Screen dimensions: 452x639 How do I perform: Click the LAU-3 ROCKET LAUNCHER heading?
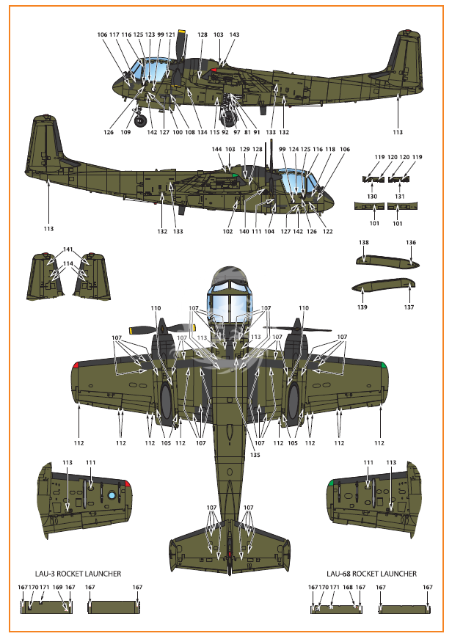(x=78, y=574)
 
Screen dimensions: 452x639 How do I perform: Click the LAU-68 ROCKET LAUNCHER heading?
(x=371, y=574)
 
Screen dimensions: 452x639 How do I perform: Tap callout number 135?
(x=255, y=454)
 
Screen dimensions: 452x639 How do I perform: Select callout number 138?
(x=363, y=242)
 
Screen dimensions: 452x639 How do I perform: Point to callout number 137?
(x=409, y=307)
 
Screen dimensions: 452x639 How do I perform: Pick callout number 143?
(x=234, y=34)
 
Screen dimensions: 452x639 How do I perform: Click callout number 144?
(x=217, y=149)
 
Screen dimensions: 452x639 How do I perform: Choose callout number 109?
(x=125, y=132)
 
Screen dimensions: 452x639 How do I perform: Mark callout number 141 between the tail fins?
(x=68, y=249)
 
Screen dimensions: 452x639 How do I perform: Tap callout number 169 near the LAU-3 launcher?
(x=57, y=587)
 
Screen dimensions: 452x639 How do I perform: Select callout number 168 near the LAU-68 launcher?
(x=348, y=587)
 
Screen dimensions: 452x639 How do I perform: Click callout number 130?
(x=372, y=196)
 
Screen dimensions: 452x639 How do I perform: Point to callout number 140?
(x=244, y=231)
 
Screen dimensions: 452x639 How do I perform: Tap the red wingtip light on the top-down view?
(x=76, y=365)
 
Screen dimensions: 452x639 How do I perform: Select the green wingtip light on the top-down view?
(x=384, y=365)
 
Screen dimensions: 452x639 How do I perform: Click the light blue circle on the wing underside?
(x=112, y=495)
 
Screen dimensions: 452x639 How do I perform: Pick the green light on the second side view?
(x=235, y=175)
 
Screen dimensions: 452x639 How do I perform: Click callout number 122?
(x=328, y=231)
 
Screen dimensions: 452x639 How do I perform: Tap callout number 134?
(x=203, y=132)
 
